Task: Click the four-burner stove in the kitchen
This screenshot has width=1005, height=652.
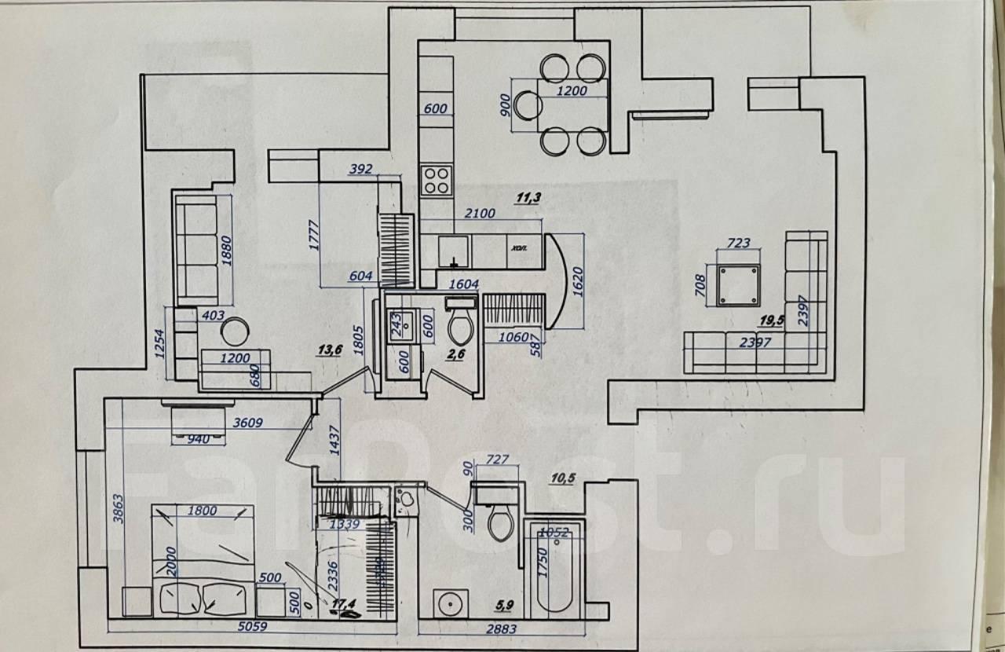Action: tap(437, 181)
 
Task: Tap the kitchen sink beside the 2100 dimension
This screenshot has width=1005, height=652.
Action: tap(453, 251)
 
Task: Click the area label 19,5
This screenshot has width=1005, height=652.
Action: tap(774, 321)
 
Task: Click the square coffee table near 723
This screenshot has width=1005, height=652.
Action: tap(739, 285)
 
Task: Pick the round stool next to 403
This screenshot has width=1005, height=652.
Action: tap(235, 332)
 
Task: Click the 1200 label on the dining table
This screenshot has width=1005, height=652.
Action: tap(572, 91)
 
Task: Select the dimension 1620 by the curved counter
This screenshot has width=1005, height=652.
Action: tap(576, 280)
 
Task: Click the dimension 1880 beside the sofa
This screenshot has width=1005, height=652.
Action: tap(228, 252)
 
